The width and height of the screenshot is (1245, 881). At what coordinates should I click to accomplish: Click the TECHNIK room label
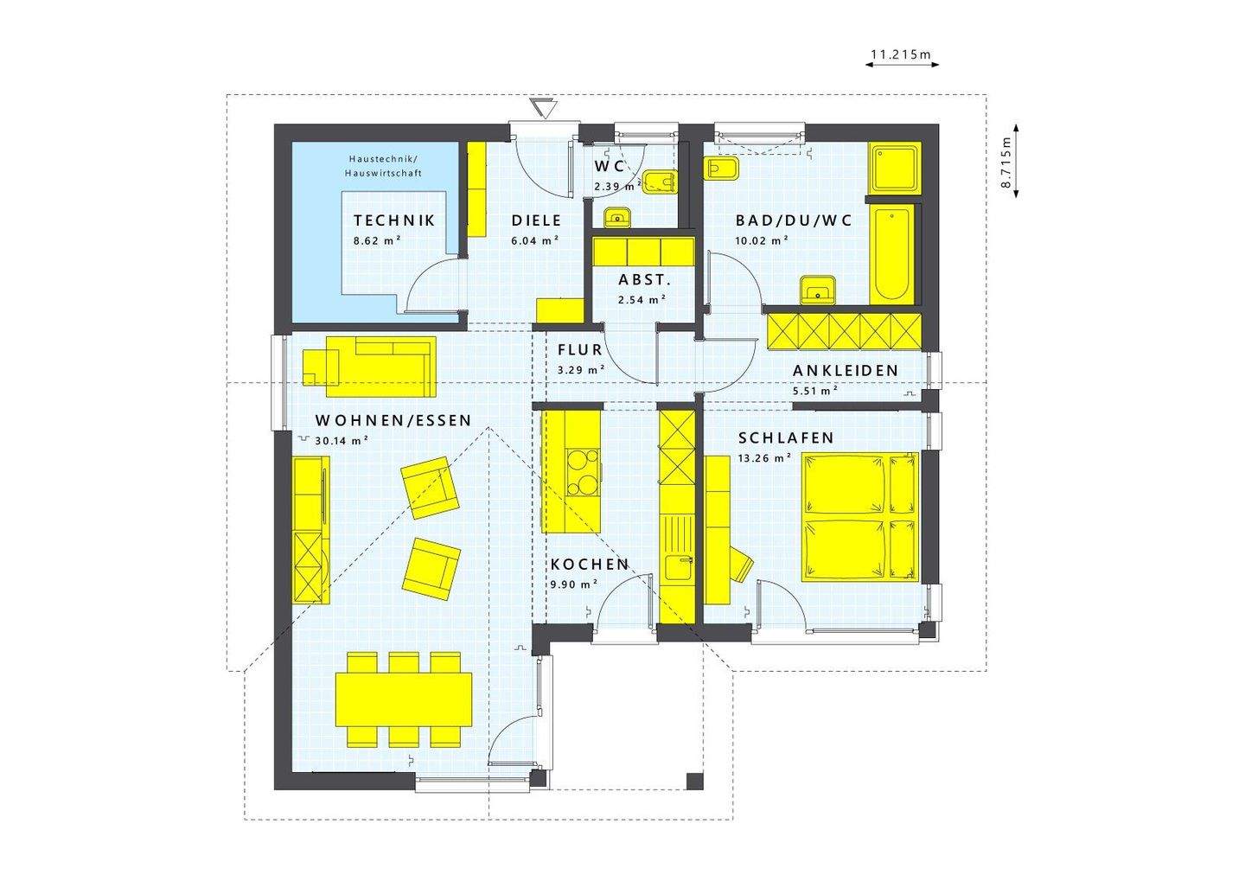394,220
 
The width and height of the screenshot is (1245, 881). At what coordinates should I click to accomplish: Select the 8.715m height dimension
1006,162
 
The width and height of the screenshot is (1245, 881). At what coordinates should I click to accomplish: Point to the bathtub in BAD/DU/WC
891,255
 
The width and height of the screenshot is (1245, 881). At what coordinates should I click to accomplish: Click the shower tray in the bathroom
894,168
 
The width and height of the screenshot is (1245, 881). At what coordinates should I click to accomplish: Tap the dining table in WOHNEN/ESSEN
404,699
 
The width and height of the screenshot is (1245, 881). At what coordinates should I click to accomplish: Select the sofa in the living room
369,363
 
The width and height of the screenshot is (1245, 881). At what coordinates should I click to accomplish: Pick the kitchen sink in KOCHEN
677,567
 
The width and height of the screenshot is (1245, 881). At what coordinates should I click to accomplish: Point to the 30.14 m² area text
342,440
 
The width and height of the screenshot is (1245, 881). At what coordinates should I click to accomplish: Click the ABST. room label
644,280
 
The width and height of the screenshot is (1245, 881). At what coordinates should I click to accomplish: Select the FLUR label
579,350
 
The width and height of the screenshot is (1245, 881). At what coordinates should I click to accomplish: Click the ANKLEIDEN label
845,370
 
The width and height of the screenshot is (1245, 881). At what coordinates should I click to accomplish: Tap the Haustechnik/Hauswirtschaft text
383,166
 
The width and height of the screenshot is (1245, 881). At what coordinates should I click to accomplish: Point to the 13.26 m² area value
764,458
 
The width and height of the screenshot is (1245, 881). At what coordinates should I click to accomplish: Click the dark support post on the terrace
694,781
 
